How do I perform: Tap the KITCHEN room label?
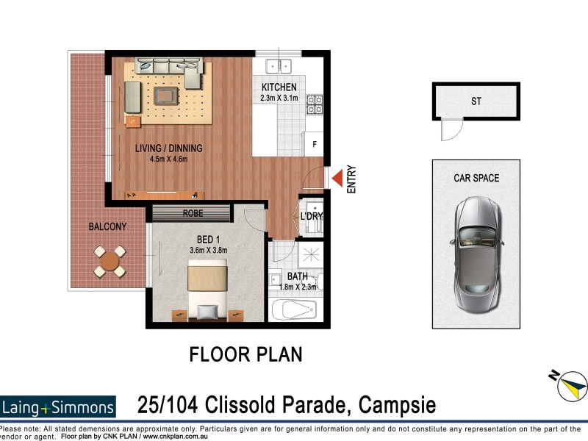coord(279,87)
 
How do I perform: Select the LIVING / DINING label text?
coord(168,148)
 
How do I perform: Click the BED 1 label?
coord(207,240)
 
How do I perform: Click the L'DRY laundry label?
coord(312,216)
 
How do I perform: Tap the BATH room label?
coord(298,276)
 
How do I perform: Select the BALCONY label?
coord(107,227)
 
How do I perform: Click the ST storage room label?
coord(476,101)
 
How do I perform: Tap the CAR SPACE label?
coord(476,178)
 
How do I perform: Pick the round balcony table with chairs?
coord(110,261)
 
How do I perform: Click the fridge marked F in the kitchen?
coord(315,144)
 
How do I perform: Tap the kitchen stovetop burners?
coord(314,105)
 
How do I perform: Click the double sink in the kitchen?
coord(279,65)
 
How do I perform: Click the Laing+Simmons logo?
coord(58,406)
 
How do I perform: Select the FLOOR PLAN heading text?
coord(245,354)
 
